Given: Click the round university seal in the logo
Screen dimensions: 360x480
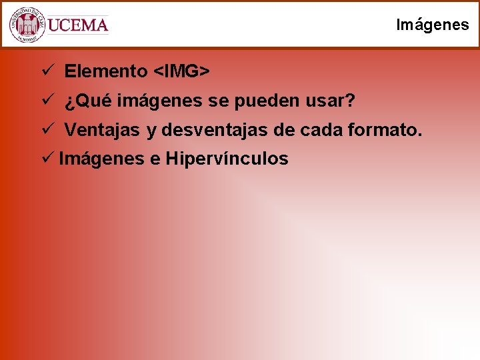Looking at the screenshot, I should [27, 25].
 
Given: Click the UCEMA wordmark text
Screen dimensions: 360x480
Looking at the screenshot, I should [78, 25].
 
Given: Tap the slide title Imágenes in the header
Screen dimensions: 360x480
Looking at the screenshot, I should [432, 25].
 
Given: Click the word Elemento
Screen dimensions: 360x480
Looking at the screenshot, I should [106, 71].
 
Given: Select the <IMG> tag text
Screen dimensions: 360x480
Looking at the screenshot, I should [182, 71].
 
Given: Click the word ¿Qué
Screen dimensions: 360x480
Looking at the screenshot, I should [90, 101].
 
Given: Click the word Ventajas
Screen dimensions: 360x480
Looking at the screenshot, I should [102, 131].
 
